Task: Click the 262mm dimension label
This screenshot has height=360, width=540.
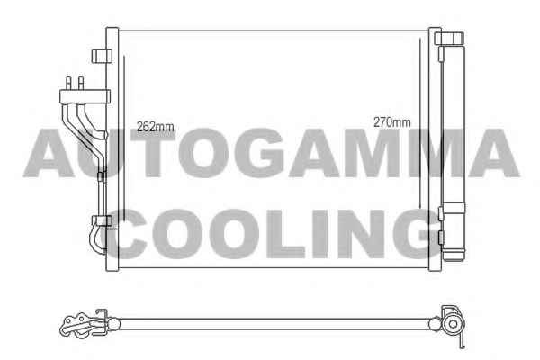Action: click(156, 127)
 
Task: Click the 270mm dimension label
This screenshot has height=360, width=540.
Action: click(392, 122)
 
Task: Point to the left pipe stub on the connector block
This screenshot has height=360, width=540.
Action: click(68, 84)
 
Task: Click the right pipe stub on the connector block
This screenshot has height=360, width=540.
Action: click(81, 84)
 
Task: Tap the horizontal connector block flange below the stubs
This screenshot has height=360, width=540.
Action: click(85, 97)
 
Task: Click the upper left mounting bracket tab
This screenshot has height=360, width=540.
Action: click(102, 56)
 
